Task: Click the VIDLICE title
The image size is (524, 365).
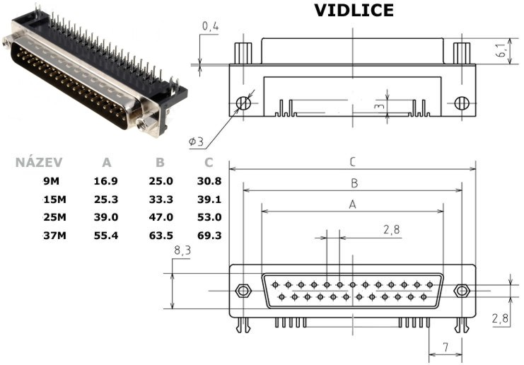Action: point(354,11)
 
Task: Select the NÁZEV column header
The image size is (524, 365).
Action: point(39,163)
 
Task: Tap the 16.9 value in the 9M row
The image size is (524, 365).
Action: point(105,181)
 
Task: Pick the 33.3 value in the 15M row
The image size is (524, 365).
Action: point(161,199)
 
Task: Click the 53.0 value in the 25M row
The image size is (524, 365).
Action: point(209,217)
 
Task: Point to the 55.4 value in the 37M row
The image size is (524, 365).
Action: point(105,236)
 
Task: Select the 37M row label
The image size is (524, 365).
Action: point(55,236)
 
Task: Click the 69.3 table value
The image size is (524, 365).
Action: point(209,236)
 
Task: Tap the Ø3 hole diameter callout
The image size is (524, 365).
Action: point(196,141)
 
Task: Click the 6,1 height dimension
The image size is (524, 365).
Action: point(501,50)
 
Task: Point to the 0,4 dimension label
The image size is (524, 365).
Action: point(210,26)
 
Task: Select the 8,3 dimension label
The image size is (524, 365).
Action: point(182,250)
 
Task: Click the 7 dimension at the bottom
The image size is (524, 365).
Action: point(446,347)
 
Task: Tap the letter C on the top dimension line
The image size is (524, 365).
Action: point(353,162)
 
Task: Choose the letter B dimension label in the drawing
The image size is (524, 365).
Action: point(354,183)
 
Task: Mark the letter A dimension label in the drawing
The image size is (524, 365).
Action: point(353,204)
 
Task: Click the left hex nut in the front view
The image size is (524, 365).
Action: point(243,291)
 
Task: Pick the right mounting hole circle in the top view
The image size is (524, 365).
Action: point(462,103)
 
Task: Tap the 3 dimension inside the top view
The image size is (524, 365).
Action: point(379,107)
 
